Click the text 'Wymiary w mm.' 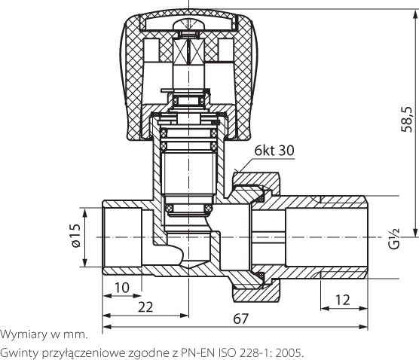pyautogui.click(x=44, y=333)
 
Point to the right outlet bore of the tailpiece pyautogui.click(x=332, y=237)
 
